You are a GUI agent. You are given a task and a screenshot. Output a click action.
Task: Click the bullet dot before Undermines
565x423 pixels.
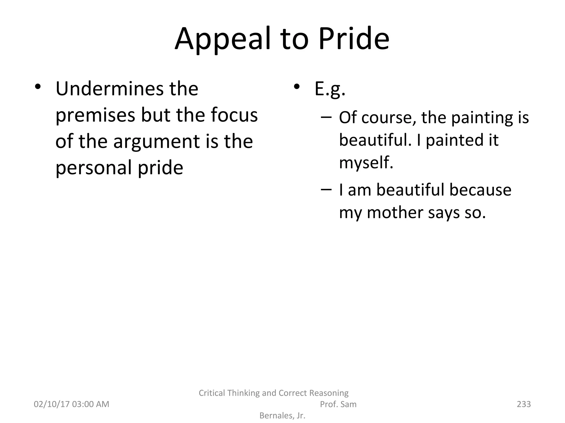[x=38, y=87]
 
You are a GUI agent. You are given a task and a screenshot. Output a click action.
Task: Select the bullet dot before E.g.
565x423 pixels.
[x=297, y=87]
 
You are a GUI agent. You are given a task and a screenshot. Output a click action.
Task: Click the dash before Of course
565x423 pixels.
[x=326, y=117]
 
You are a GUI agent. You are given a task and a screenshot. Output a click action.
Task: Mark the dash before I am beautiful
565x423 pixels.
[x=326, y=189]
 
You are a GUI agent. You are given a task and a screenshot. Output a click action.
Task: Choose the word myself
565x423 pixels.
[x=366, y=163]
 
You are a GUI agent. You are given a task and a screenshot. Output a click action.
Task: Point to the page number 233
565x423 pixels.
[x=523, y=404]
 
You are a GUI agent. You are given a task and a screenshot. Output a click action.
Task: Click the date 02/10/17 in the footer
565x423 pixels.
[x=51, y=404]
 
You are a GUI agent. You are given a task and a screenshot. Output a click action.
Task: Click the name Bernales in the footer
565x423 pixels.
[x=276, y=416]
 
